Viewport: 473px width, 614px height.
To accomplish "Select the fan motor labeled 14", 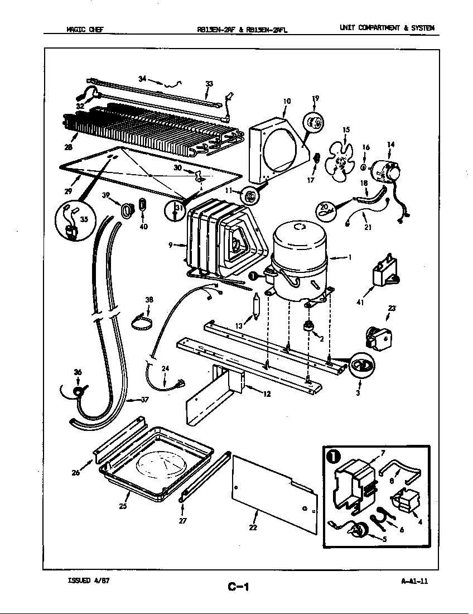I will pyautogui.click(x=386, y=170).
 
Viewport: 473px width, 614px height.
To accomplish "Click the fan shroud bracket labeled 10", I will pyautogui.click(x=278, y=148).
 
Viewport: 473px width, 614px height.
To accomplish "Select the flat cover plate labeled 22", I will pyautogui.click(x=273, y=488).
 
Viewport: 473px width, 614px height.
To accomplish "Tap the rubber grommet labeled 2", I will pyautogui.click(x=306, y=326).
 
